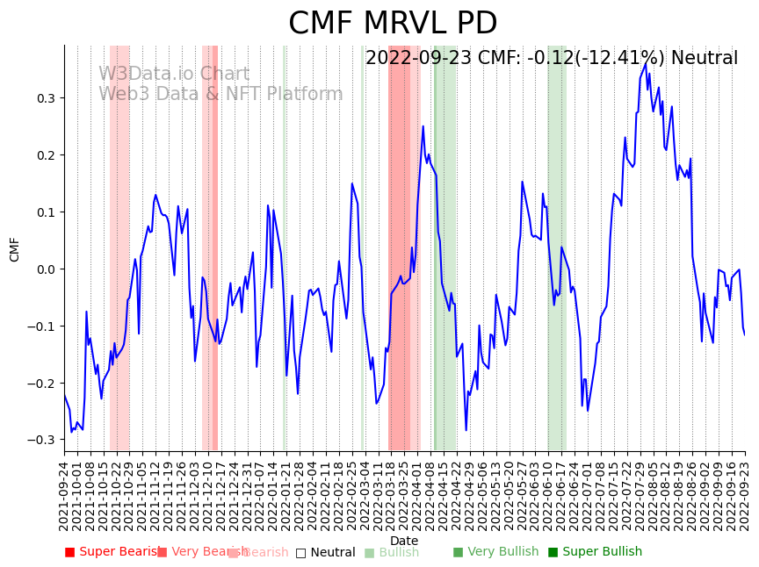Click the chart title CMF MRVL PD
[x=393, y=24]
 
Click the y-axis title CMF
[x=15, y=249]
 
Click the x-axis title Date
[x=404, y=541]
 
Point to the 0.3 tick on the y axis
[x=45, y=98]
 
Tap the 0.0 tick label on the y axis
[x=45, y=269]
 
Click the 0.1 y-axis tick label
[x=45, y=212]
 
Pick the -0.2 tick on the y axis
[x=42, y=384]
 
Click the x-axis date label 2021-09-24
[x=64, y=496]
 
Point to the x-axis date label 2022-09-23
[x=746, y=496]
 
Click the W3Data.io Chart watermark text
[x=174, y=75]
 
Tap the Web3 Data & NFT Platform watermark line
[x=220, y=94]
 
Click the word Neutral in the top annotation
[x=705, y=59]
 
